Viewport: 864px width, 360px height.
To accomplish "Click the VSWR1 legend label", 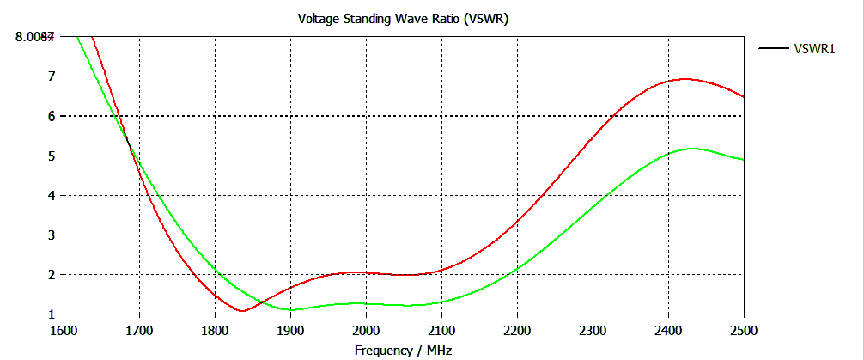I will (815, 48).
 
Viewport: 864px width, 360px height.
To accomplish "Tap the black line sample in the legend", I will (774, 48).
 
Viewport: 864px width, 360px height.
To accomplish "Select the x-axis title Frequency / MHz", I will (403, 350).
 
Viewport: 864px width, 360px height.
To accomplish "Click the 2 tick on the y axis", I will (51, 275).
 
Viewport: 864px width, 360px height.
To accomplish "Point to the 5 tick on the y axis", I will (51, 156).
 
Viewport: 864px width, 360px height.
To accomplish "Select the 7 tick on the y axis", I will (51, 76).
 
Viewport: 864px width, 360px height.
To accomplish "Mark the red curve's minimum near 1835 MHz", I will (242, 311).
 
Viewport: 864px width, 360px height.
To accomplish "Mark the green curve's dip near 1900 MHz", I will (290, 309).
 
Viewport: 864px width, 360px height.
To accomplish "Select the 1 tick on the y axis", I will (51, 314).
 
